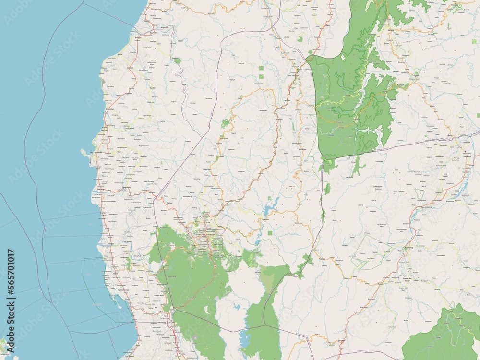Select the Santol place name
tap(153, 89)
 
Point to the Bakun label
tap(232, 79)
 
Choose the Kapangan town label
tap(207, 169)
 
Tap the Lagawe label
tap(416, 75)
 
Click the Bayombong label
tap(426, 207)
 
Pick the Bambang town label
tap(408, 247)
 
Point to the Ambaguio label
tap(379, 186)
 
